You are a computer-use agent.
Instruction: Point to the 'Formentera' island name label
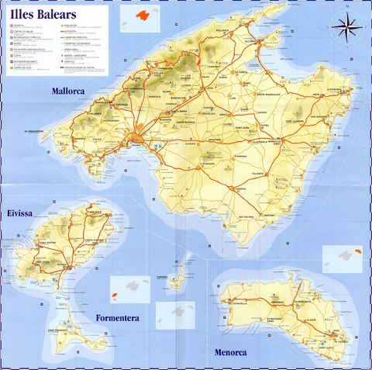coord(118,318)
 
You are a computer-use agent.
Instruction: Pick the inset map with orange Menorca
coord(341,258)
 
